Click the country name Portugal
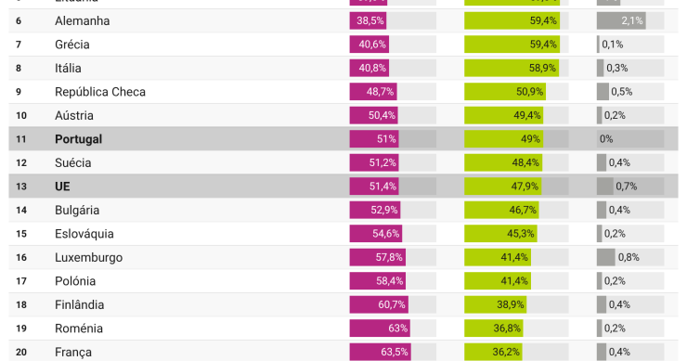point(78,139)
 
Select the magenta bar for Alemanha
point(369,20)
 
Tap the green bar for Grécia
point(512,44)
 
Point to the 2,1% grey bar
point(621,20)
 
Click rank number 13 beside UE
point(21,187)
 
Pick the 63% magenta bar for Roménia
point(380,329)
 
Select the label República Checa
point(100,92)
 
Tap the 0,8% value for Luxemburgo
point(629,257)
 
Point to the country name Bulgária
point(77,210)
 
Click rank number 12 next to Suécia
point(21,162)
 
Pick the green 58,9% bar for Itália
point(512,68)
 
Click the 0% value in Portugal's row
point(606,139)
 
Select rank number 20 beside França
point(21,352)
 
